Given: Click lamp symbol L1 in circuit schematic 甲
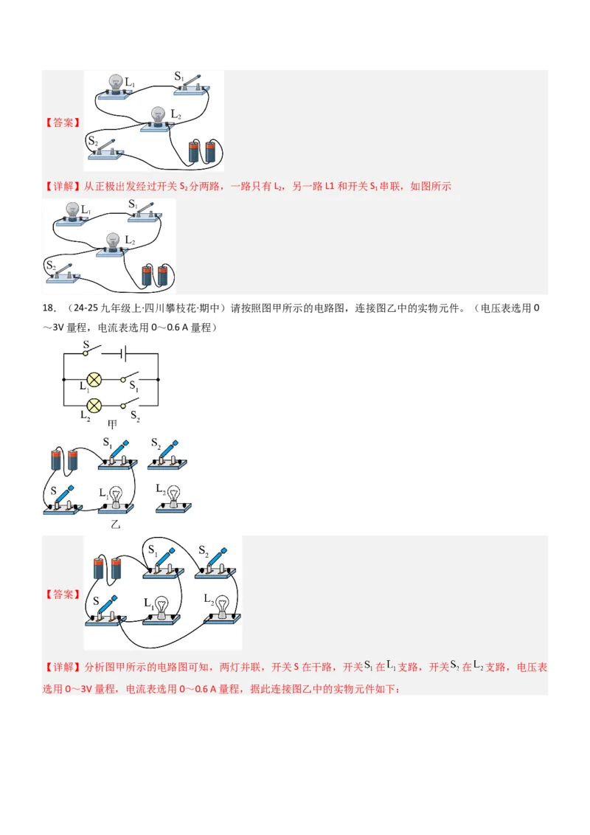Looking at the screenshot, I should coord(94,379).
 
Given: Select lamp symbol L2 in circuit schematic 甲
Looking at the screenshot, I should coord(94,405).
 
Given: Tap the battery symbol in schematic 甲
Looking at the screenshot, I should coord(125,353).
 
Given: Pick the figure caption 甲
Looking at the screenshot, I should coord(113,425).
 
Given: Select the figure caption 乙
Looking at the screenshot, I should coord(114,524).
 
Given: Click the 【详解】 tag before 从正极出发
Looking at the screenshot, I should coord(62,187).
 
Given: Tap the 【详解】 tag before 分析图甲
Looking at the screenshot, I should coord(62,667).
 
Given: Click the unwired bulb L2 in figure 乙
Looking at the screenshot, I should coord(174,498).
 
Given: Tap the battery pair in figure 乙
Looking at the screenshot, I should coord(63,460).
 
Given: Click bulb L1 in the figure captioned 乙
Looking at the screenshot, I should coord(116,498).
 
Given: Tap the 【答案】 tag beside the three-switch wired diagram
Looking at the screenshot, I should coord(62,594).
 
